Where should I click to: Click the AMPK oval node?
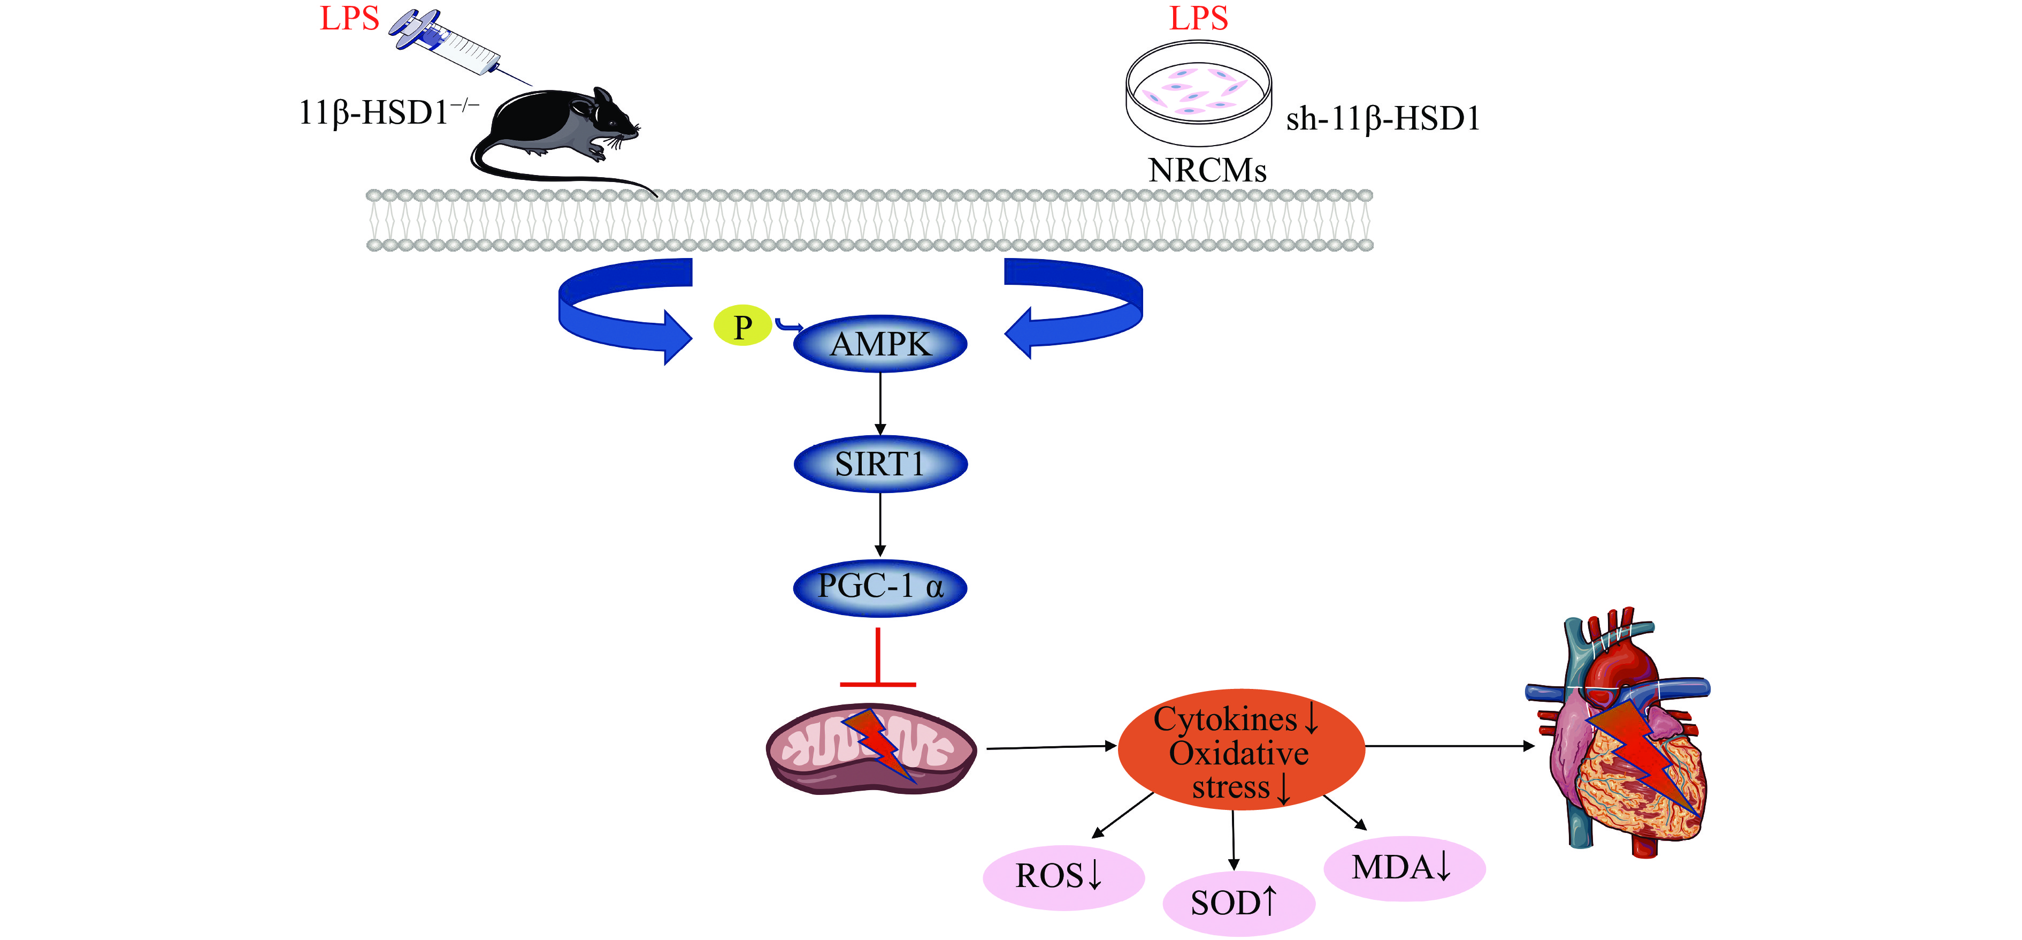(x=880, y=344)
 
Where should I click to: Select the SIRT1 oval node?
(x=880, y=464)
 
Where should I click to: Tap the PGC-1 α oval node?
(x=880, y=587)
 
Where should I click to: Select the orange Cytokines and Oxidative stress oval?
(x=1240, y=750)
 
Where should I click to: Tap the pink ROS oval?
(x=1063, y=876)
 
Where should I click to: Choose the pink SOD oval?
(x=1238, y=903)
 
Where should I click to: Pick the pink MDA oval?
(x=1404, y=868)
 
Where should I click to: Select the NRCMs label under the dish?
(x=1207, y=170)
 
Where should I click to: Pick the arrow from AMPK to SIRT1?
(x=880, y=403)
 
